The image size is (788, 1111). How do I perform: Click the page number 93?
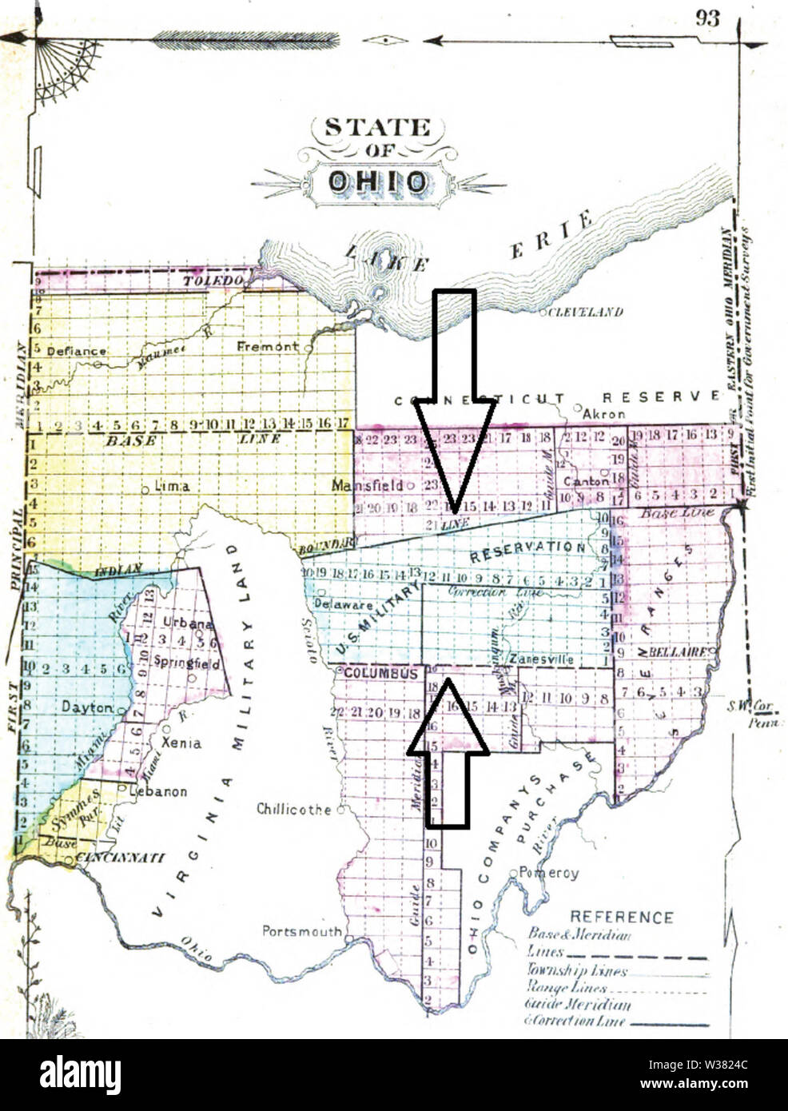[707, 18]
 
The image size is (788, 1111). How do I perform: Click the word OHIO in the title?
[377, 182]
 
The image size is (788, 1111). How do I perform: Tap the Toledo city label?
[213, 281]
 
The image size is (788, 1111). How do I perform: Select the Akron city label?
[604, 414]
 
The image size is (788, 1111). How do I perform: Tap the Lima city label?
[171, 486]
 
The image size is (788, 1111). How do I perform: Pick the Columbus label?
[380, 674]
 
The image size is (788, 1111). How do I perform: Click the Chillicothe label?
[293, 810]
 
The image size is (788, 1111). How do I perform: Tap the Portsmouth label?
[301, 931]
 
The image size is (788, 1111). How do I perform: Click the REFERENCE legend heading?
[621, 918]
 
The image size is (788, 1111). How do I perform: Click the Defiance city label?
[76, 351]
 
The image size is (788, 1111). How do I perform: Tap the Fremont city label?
[267, 347]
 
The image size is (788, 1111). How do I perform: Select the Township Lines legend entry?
[577, 971]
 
